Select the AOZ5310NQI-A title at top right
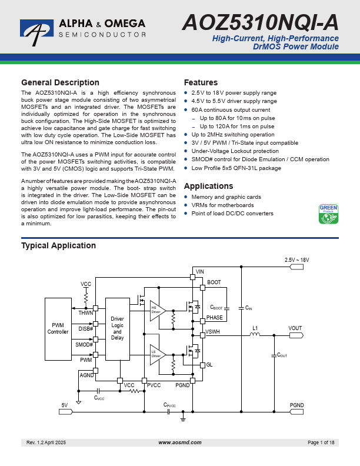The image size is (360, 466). (261, 22)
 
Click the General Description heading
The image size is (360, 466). (60, 82)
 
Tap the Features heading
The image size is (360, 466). (201, 82)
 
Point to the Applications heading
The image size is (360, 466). (208, 186)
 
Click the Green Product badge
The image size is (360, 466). (328, 214)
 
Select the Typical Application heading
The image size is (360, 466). (58, 245)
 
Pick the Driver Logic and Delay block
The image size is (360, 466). (118, 328)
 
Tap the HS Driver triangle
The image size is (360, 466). (156, 308)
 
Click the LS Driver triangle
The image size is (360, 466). (156, 354)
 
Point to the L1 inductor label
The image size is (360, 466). (255, 328)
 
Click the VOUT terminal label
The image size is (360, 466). (295, 328)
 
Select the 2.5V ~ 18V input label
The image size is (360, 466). (296, 259)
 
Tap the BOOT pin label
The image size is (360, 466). (214, 282)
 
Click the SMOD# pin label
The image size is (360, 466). (84, 344)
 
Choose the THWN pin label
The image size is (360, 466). (85, 313)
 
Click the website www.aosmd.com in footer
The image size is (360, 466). (180, 442)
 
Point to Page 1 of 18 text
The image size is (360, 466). (321, 442)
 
